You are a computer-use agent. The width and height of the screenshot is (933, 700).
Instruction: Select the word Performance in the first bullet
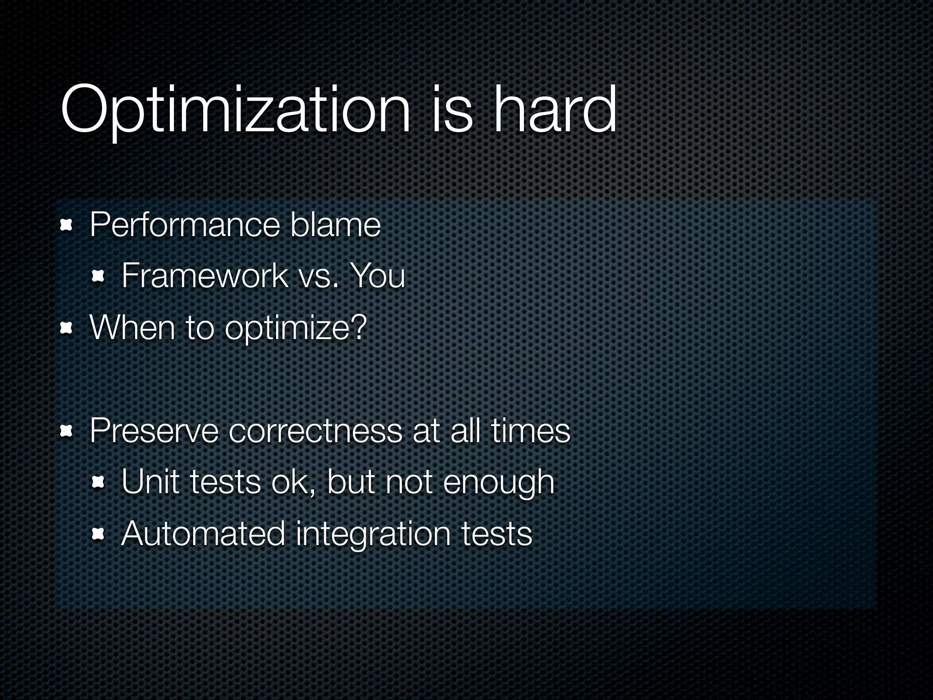185,225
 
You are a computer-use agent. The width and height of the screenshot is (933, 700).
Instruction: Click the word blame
335,225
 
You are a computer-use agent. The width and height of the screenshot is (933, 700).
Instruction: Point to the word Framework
205,276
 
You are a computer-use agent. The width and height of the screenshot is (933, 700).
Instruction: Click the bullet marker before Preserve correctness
67,430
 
